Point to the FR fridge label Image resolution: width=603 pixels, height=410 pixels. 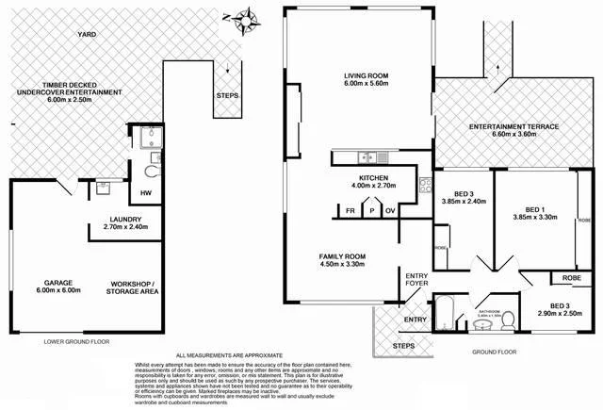click(350, 210)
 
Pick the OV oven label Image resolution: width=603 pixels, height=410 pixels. click(389, 210)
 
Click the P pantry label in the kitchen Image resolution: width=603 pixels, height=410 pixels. click(370, 210)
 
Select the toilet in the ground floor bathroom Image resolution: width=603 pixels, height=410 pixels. click(507, 320)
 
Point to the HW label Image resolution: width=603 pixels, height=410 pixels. click(146, 193)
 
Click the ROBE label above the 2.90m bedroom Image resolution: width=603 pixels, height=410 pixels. click(571, 278)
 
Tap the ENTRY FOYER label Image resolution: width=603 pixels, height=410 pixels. click(416, 279)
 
